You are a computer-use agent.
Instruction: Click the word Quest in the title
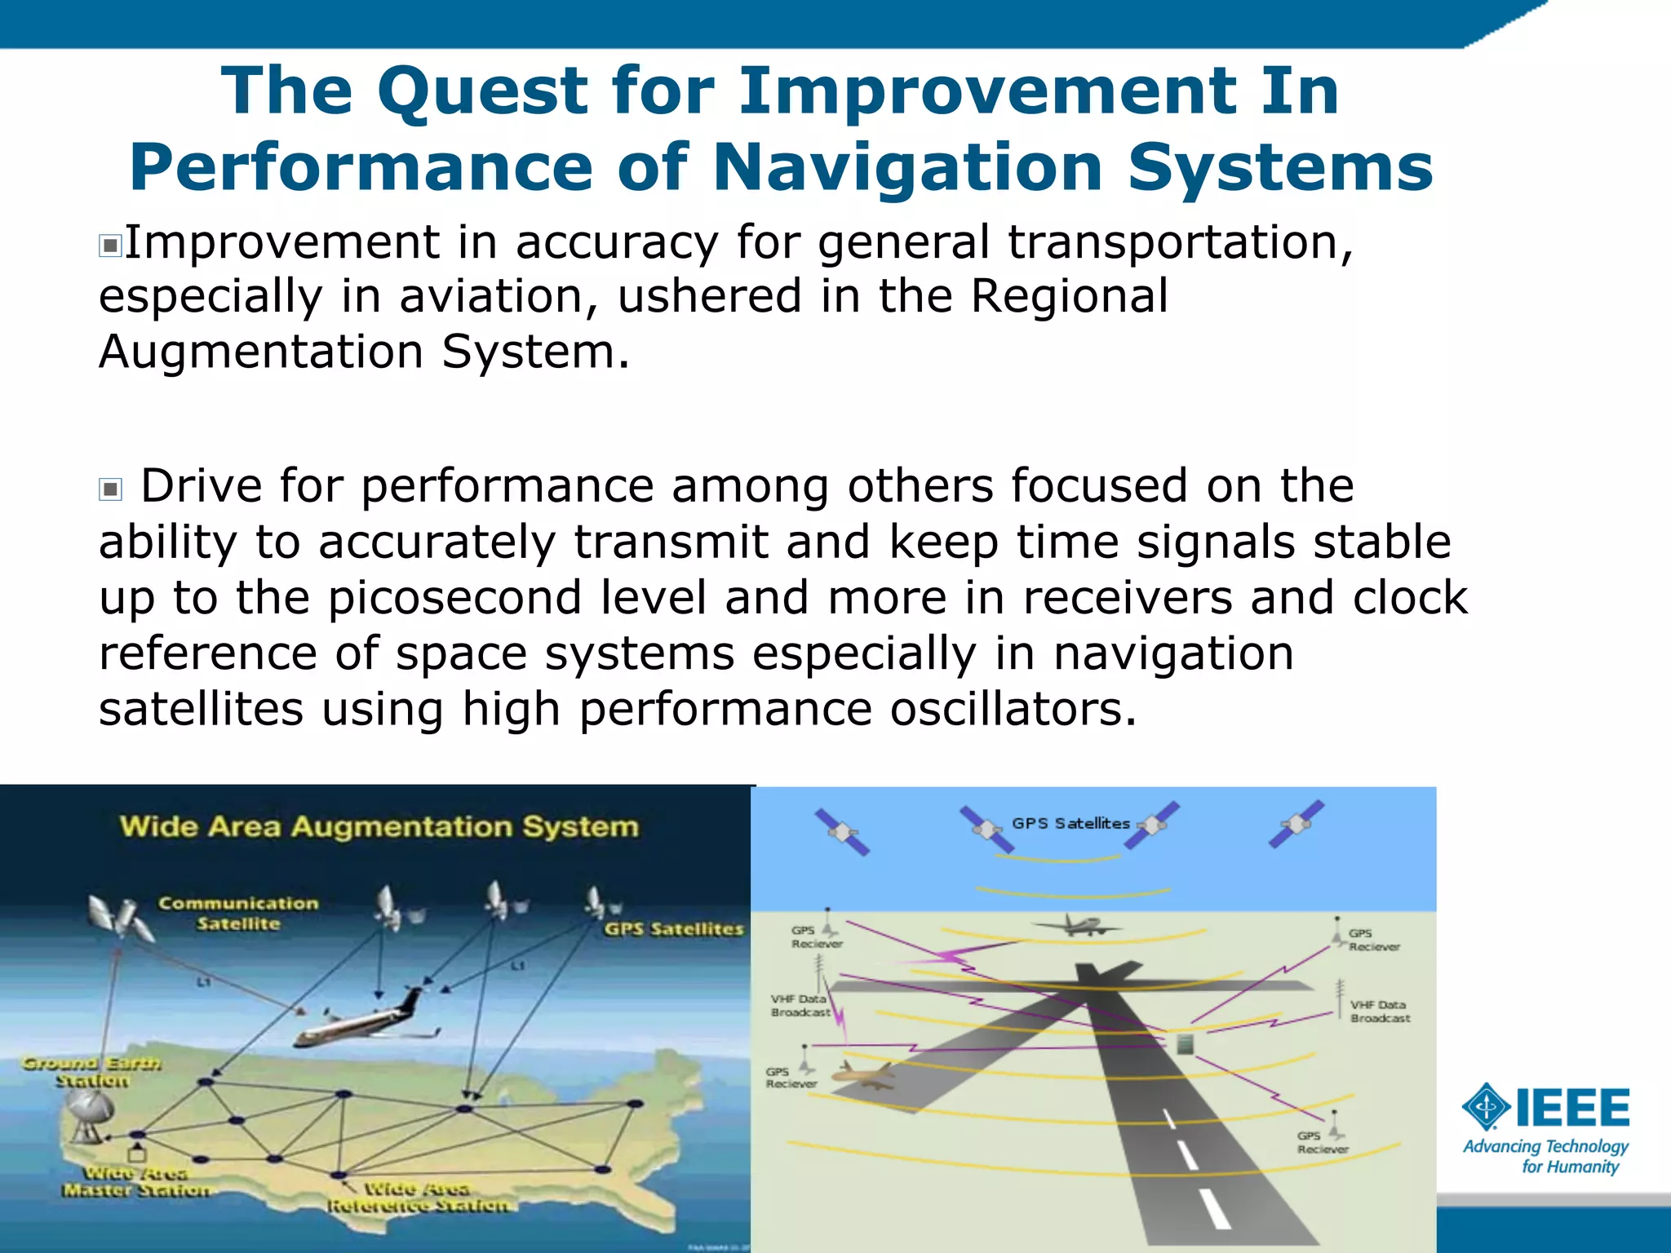tap(482, 92)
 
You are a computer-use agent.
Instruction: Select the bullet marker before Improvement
tap(110, 246)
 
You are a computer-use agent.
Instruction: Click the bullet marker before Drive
tap(110, 489)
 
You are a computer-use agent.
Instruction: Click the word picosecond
tap(454, 598)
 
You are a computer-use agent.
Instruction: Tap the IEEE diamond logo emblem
tap(1487, 1108)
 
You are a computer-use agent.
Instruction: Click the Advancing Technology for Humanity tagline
tap(1545, 1157)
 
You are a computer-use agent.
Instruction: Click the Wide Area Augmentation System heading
tap(379, 826)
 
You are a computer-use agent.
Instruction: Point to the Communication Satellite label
tap(237, 914)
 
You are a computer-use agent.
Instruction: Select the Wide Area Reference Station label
tap(418, 1197)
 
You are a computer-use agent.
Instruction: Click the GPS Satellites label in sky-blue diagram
tap(1070, 824)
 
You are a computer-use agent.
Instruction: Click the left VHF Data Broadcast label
tap(800, 1005)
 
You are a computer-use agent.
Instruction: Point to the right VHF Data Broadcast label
tap(1380, 1012)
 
